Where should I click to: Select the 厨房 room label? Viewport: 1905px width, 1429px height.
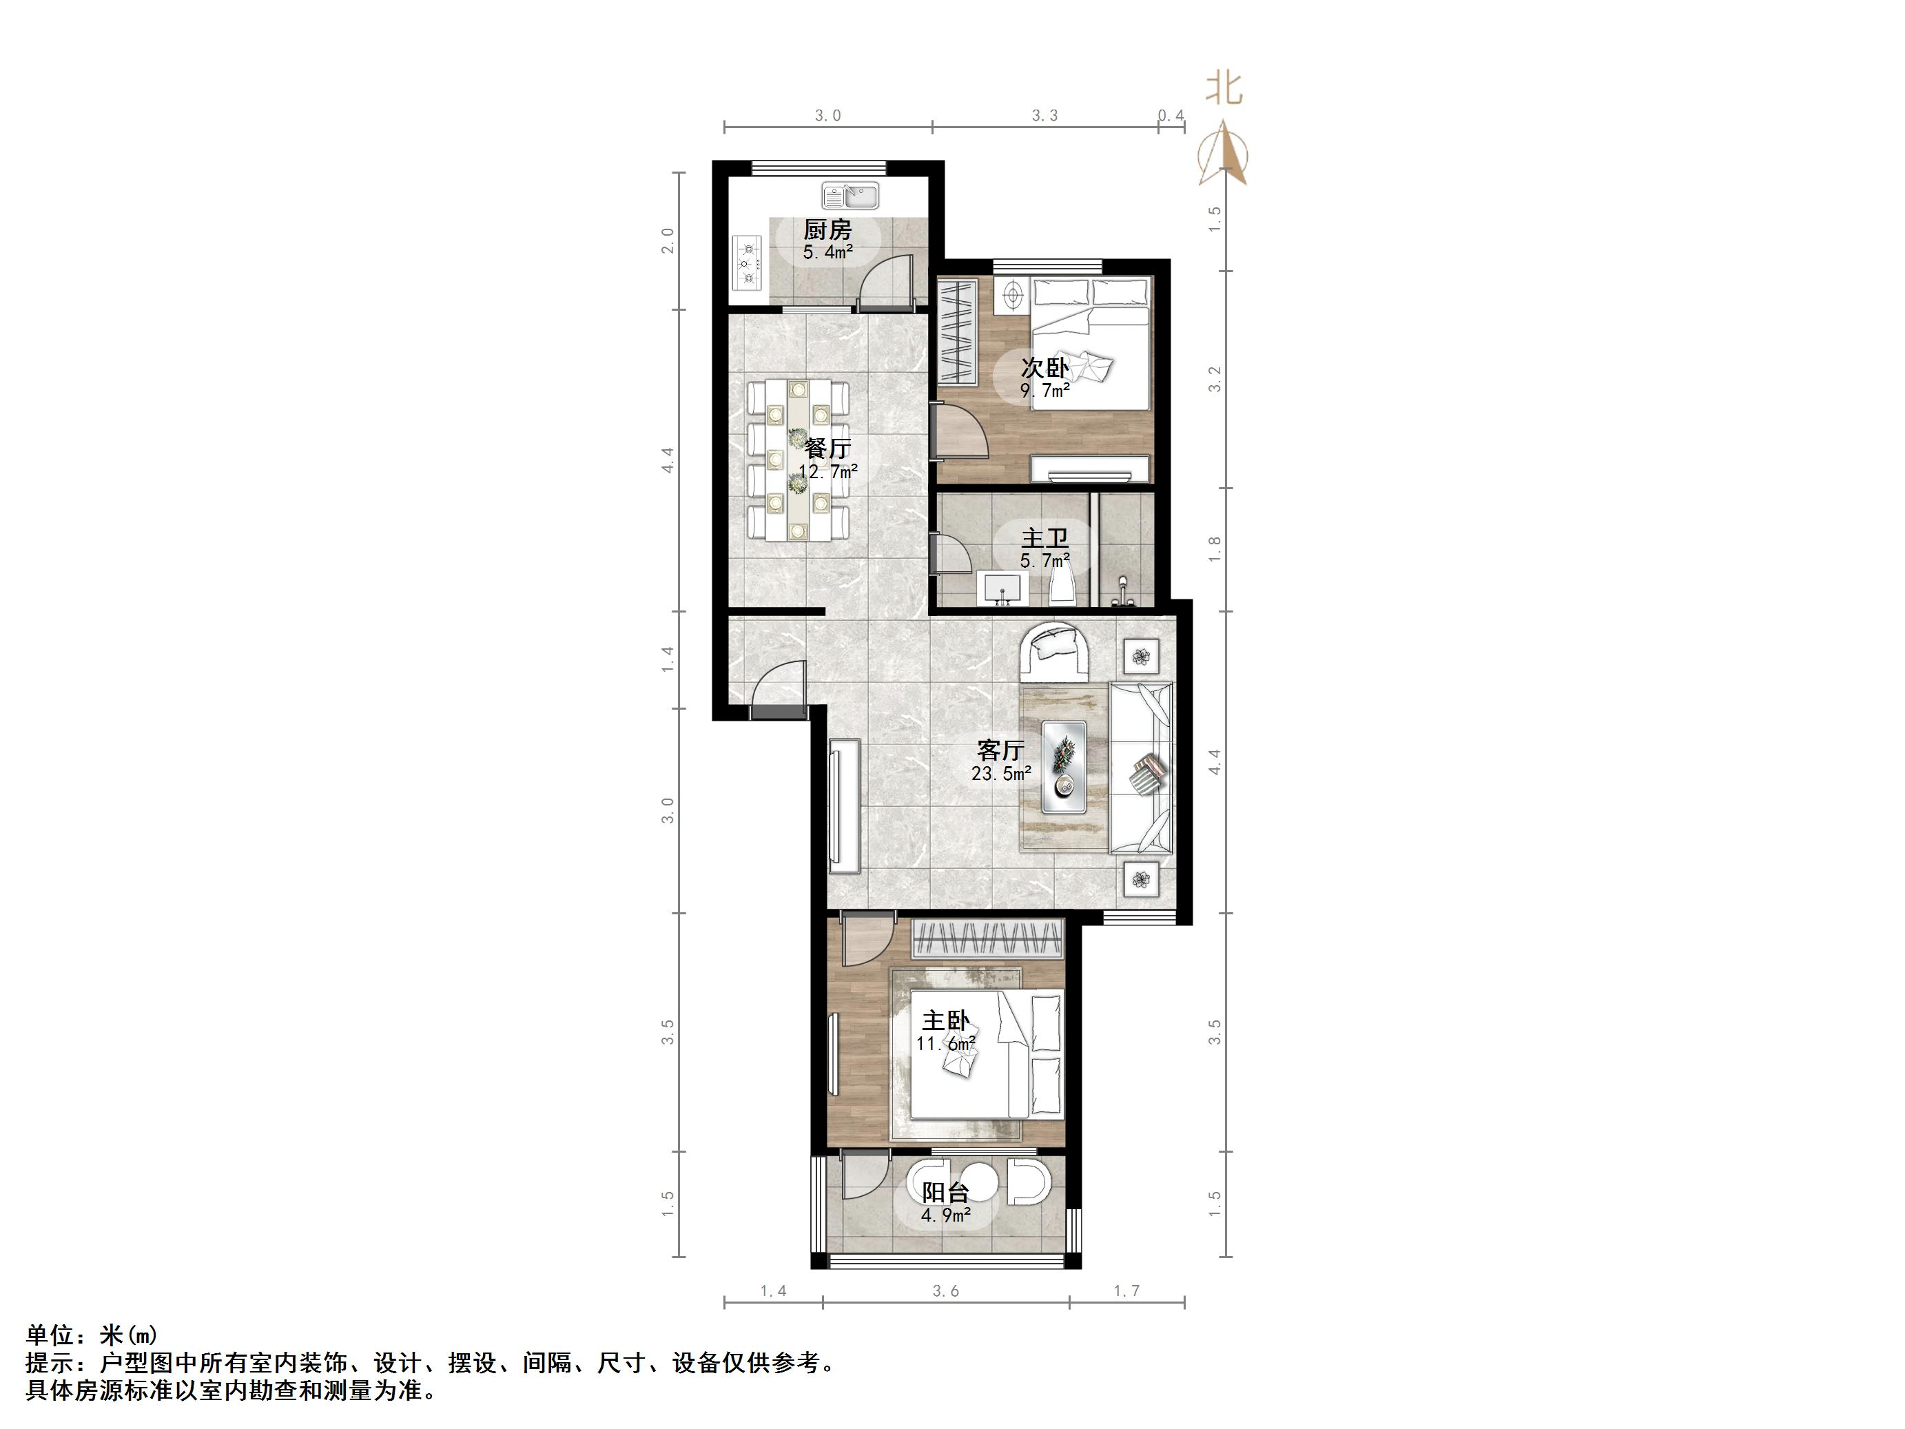pos(827,230)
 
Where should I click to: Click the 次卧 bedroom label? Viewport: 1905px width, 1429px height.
pos(1044,368)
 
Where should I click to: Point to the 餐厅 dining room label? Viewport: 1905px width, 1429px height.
pos(827,448)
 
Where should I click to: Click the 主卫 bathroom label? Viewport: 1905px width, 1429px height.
pos(1044,538)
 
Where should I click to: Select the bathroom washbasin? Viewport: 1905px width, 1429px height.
pos(1000,589)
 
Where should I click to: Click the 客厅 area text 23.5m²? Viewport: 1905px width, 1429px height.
pos(1000,774)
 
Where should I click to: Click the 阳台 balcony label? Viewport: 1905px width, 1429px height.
pos(945,1193)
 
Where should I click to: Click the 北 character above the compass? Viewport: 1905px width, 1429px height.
pos(1223,88)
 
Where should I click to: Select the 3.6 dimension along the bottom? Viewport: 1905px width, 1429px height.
pos(945,1291)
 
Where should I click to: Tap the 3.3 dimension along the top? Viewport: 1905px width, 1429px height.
pos(1044,116)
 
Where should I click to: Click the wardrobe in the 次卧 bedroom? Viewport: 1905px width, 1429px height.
pos(958,331)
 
